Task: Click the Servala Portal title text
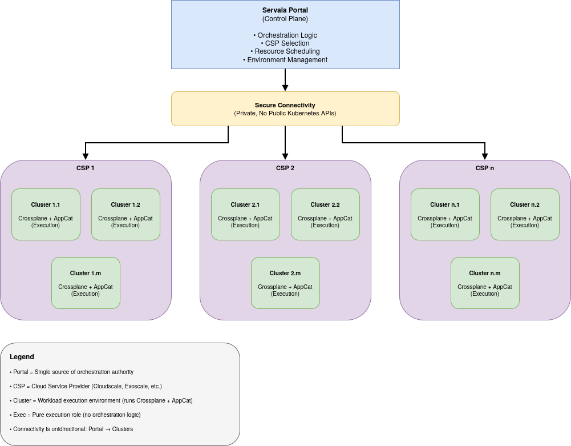(x=285, y=10)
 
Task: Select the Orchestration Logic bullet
(x=285, y=35)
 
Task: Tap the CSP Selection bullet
(x=285, y=43)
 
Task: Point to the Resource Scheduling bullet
(x=285, y=51)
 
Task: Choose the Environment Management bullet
(x=285, y=60)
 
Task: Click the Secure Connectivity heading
(x=285, y=105)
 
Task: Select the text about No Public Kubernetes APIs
(x=285, y=113)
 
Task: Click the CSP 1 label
(x=86, y=168)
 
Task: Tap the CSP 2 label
(x=285, y=168)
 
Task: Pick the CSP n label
(x=485, y=168)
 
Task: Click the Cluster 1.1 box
(x=46, y=214)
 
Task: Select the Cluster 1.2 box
(x=125, y=214)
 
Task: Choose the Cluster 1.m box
(x=86, y=283)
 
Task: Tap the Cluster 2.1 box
(x=245, y=214)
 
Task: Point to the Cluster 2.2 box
(x=325, y=214)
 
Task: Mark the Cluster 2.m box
(x=285, y=283)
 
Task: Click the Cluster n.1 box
(x=445, y=214)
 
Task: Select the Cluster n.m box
(x=485, y=283)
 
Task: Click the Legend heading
(x=22, y=357)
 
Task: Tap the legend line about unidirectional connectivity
(x=71, y=429)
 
